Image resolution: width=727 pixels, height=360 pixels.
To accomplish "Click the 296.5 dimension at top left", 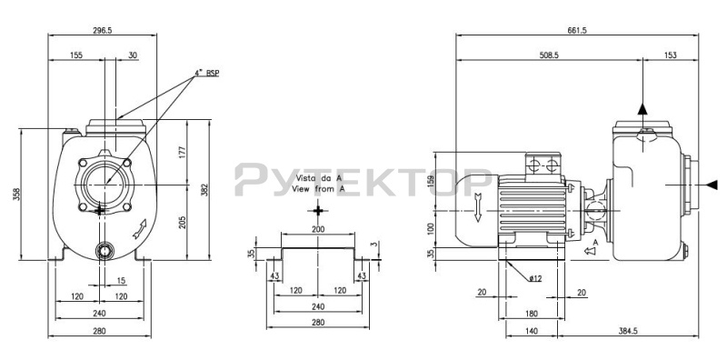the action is click(103, 30).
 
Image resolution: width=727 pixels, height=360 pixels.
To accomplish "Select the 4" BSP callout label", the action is click(206, 73).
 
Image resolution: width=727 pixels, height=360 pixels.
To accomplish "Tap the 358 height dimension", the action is click(16, 195).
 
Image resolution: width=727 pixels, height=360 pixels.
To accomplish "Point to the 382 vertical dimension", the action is click(204, 190).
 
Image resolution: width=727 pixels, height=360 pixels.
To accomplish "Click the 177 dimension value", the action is click(182, 152).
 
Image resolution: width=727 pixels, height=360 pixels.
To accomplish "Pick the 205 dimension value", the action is click(182, 222).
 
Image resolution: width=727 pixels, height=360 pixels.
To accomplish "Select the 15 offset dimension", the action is click(121, 281).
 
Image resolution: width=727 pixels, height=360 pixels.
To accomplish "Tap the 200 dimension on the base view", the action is click(318, 229).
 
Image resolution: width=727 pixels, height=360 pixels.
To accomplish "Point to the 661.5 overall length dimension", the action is click(577, 30).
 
